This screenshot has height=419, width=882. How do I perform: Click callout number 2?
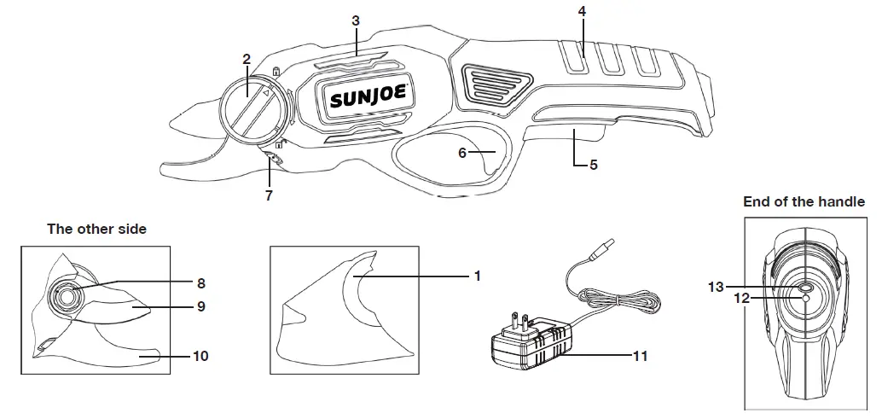click(247, 59)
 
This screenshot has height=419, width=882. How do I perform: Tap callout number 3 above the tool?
click(355, 20)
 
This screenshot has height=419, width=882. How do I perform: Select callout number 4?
click(582, 11)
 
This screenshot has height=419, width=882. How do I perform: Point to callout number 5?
click(593, 165)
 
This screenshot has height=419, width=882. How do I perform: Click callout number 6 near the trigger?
click(462, 153)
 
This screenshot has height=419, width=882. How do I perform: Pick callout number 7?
click(268, 195)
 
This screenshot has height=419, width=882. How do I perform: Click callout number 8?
click(200, 282)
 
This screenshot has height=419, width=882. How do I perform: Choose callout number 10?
click(201, 356)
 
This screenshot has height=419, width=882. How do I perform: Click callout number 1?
click(478, 276)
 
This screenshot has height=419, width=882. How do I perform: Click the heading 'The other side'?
click(96, 229)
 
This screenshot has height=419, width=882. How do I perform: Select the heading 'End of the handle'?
click(804, 202)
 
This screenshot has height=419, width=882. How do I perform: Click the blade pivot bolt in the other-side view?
click(67, 295)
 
